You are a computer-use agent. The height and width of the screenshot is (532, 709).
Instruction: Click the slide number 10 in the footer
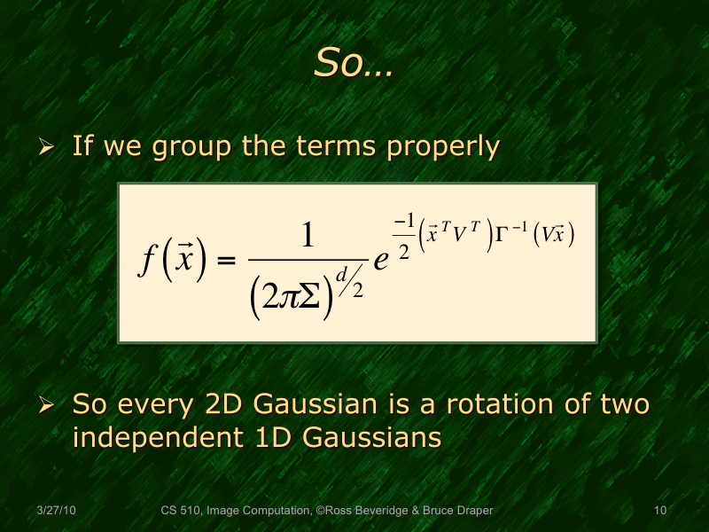point(658,511)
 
